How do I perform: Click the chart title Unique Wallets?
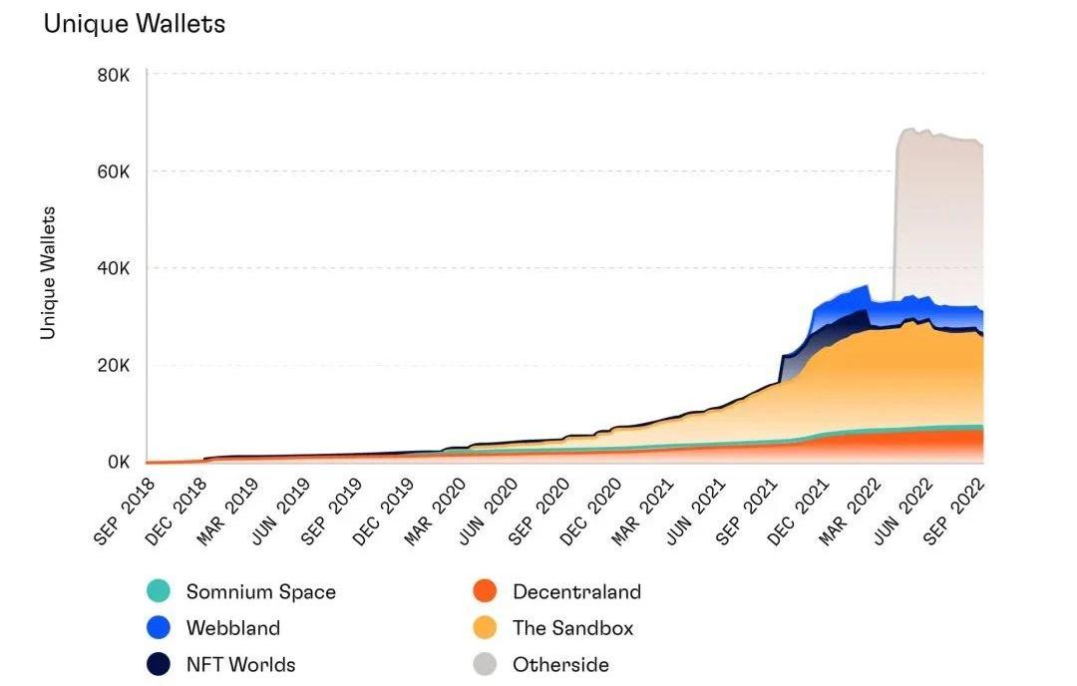pyautogui.click(x=135, y=24)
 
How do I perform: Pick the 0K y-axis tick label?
pyautogui.click(x=118, y=463)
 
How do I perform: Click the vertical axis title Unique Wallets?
pyautogui.click(x=48, y=272)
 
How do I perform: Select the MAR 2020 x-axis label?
pyautogui.click(x=435, y=509)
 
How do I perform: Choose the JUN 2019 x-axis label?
pyautogui.click(x=278, y=509)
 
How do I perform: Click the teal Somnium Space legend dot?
pyautogui.click(x=159, y=591)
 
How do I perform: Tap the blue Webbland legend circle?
pyautogui.click(x=159, y=628)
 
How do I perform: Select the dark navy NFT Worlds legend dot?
pyautogui.click(x=159, y=664)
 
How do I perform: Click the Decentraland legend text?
pyautogui.click(x=576, y=591)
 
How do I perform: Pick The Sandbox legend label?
pyautogui.click(x=572, y=628)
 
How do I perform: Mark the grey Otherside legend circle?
pyautogui.click(x=485, y=664)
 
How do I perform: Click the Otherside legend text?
pyautogui.click(x=560, y=664)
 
